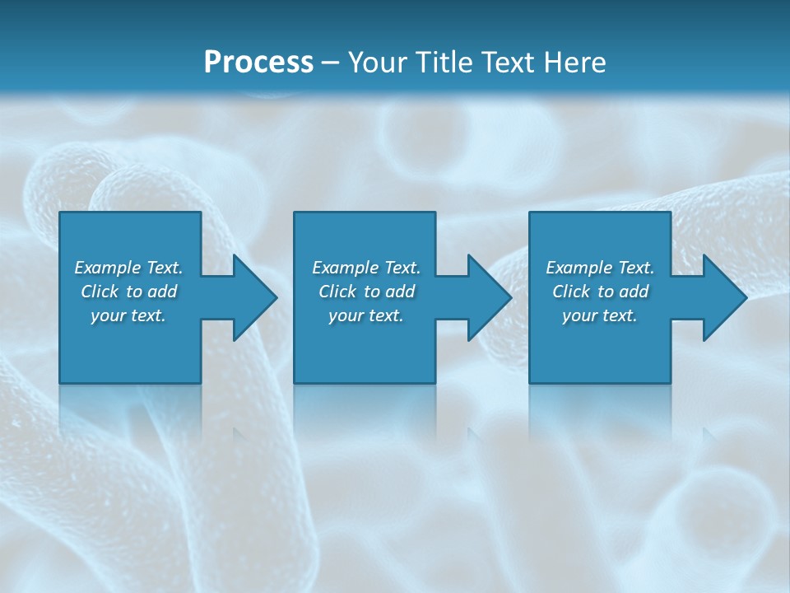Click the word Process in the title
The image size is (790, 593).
(x=258, y=63)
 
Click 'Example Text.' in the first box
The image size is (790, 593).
(x=129, y=268)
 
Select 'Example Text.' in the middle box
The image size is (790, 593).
(x=366, y=268)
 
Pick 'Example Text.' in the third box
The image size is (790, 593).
(x=600, y=268)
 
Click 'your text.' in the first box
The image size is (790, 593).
(x=128, y=315)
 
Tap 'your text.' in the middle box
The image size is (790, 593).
(x=366, y=315)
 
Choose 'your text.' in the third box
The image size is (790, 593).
(x=600, y=315)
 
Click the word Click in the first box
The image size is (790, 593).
(x=100, y=292)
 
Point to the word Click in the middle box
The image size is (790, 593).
(x=337, y=292)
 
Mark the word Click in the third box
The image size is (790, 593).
(x=571, y=292)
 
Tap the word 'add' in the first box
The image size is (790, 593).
(x=161, y=292)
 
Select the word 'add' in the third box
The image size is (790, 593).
(x=633, y=292)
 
